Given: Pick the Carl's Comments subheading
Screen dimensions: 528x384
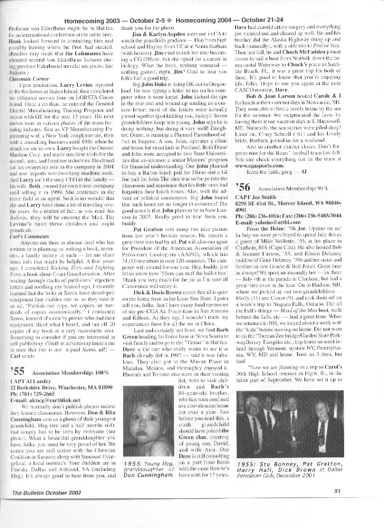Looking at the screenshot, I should point(24,236).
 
